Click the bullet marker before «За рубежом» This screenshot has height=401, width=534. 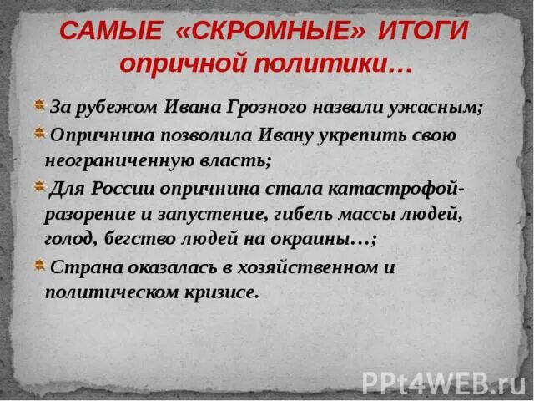(39, 106)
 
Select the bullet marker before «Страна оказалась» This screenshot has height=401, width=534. (39, 266)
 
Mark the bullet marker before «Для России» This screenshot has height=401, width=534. (39, 187)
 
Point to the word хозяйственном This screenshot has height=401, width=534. (295, 268)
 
